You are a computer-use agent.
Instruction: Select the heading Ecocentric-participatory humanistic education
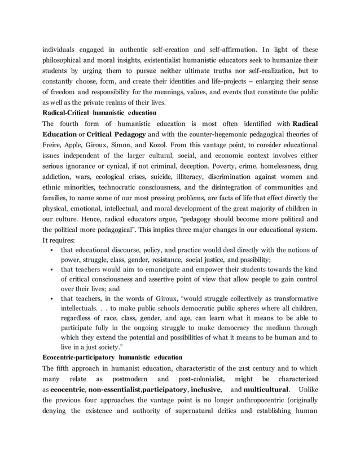click(x=113, y=357)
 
